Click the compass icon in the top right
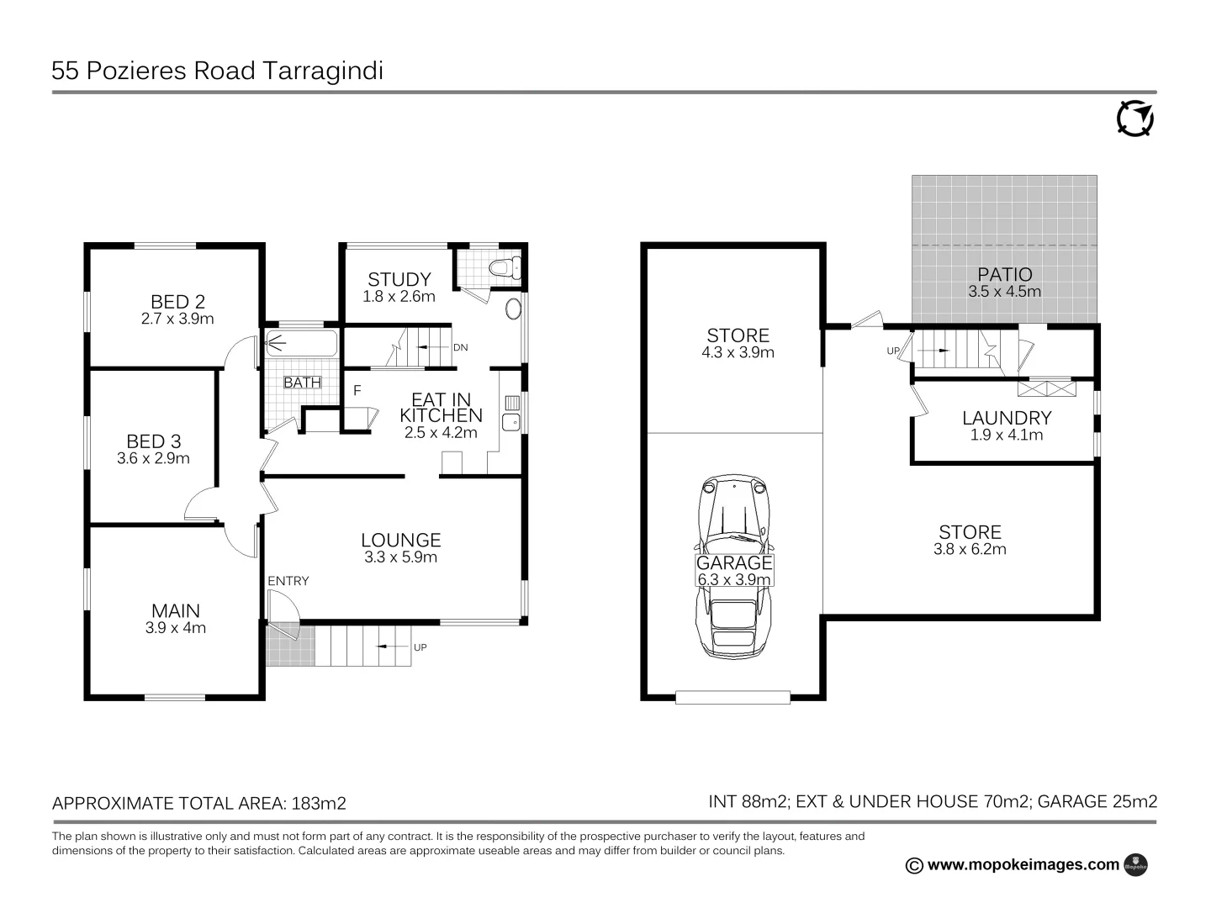pos(1134,119)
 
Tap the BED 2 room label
pos(177,301)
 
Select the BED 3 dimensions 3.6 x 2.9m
pos(153,458)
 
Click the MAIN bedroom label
pos(176,610)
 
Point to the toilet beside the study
pos(505,268)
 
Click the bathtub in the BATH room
pos(301,343)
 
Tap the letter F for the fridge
pos(357,391)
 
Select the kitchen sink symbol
pos(510,421)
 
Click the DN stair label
pos(460,347)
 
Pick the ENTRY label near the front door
pos(288,581)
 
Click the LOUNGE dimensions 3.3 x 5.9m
pos(400,557)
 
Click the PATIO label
pos(1005,274)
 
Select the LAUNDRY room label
pos(1007,418)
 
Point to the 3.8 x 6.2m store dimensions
pos(970,549)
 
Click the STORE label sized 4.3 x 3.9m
pos(738,335)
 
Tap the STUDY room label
pos(399,279)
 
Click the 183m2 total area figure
pos(319,803)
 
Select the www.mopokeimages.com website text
pos(1023,864)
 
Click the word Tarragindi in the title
pos(323,71)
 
